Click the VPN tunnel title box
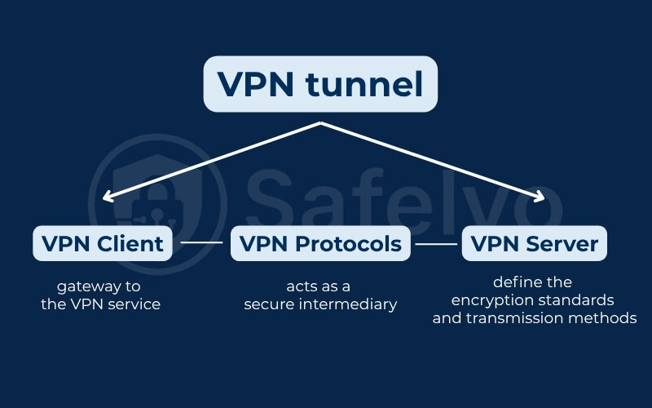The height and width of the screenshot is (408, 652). [320, 84]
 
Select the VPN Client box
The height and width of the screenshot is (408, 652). [103, 243]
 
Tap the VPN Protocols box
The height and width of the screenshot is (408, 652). [320, 243]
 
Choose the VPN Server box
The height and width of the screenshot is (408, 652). [535, 243]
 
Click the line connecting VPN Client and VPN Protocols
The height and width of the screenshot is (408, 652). [200, 243]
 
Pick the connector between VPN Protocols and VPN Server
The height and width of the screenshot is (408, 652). [436, 243]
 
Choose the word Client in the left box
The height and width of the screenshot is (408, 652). [131, 243]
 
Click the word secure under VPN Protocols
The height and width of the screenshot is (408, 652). [268, 304]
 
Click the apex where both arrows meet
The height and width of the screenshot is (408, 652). [321, 123]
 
